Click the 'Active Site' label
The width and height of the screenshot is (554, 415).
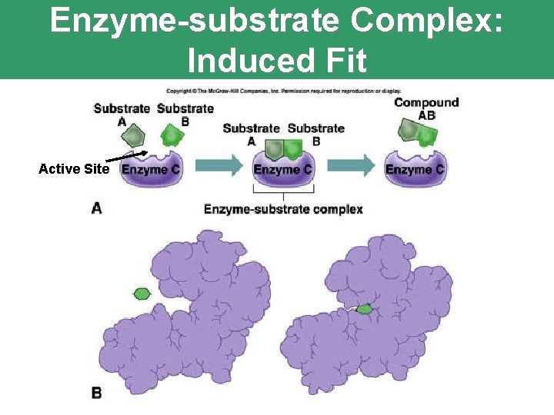tap(74, 169)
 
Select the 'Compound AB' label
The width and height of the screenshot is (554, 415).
tap(426, 108)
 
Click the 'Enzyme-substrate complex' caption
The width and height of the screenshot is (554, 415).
tap(283, 209)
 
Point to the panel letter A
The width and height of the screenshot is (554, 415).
tap(97, 207)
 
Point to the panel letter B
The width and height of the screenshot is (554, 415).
tap(97, 393)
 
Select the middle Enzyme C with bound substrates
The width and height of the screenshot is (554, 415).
tap(283, 170)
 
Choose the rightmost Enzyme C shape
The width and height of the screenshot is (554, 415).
tap(415, 170)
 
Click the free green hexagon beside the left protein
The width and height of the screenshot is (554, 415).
tap(142, 293)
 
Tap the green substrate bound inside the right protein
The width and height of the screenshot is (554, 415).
tap(363, 309)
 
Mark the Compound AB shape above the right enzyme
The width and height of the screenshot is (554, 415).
tap(416, 133)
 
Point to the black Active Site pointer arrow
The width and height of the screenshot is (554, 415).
tap(126, 157)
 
